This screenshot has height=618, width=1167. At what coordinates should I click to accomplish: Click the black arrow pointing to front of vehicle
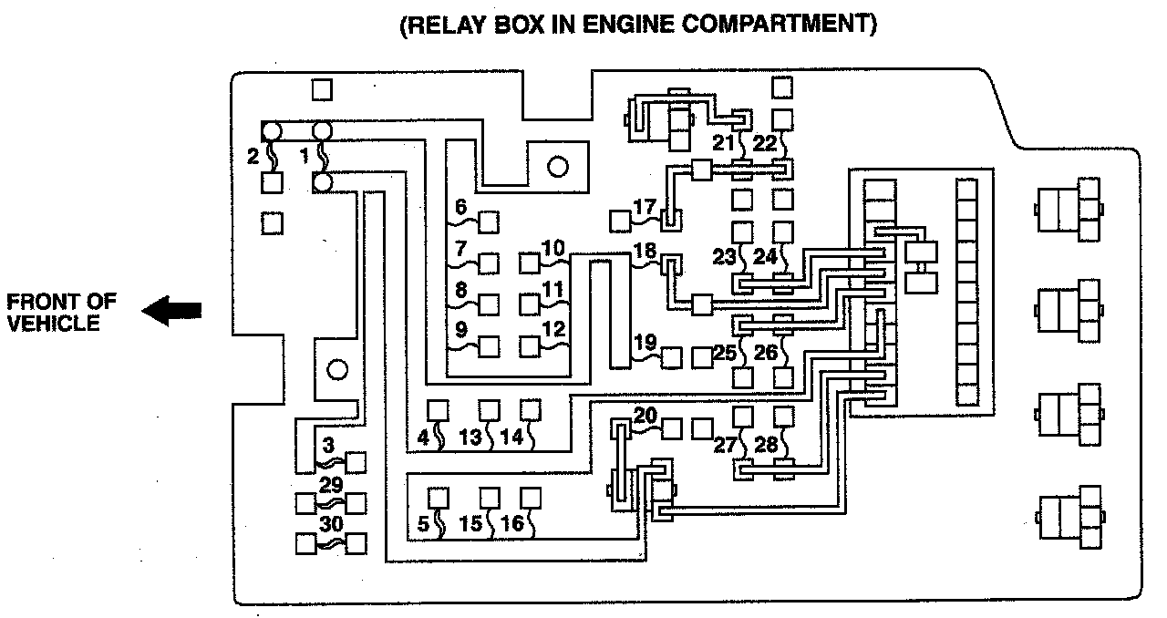pyautogui.click(x=171, y=312)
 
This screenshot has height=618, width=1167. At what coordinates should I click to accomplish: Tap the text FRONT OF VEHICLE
pyautogui.click(x=54, y=312)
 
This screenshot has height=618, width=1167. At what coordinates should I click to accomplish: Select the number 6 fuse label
pyautogui.click(x=460, y=207)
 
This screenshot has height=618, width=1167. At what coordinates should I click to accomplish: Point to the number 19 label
pyautogui.click(x=645, y=343)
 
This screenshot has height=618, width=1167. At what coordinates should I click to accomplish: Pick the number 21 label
pyautogui.click(x=723, y=142)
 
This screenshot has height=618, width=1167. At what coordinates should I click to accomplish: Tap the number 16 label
pyautogui.click(x=513, y=523)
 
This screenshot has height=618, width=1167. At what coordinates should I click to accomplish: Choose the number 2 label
pyautogui.click(x=253, y=156)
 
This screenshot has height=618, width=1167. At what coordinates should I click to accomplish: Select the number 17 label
pyautogui.click(x=645, y=207)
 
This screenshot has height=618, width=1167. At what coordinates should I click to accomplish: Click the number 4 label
pyautogui.click(x=422, y=437)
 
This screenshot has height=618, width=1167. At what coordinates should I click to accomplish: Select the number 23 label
pyautogui.click(x=724, y=258)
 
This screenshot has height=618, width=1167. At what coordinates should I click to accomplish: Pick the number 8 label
pyautogui.click(x=460, y=288)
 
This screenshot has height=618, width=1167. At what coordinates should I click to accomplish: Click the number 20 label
pyautogui.click(x=645, y=416)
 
